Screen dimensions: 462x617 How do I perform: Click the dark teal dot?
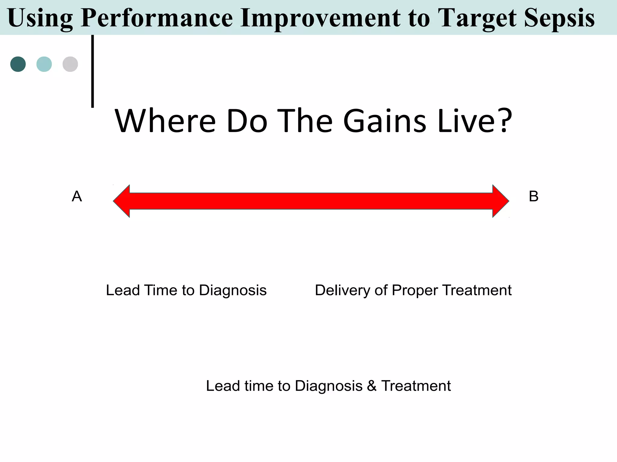[x=18, y=64]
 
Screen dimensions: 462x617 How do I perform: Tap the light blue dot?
[x=44, y=64]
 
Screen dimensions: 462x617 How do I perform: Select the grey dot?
[x=70, y=64]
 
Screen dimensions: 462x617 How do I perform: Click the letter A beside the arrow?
[x=77, y=196]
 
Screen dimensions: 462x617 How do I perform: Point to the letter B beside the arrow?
[x=534, y=196]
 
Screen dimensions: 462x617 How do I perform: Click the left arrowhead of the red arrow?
[x=122, y=201]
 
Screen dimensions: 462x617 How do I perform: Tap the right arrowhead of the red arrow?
[x=500, y=201]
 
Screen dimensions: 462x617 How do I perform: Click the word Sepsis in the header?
[x=559, y=18]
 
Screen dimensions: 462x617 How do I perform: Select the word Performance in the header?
[x=157, y=18]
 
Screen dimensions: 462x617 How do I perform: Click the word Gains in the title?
[x=385, y=121]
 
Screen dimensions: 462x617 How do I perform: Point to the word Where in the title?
[x=165, y=121]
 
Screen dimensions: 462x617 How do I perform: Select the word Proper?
[x=415, y=291]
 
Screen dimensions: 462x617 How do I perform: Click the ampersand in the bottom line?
[x=372, y=386]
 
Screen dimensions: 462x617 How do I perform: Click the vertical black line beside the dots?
[x=92, y=71]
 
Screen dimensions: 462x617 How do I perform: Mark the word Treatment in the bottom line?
[x=416, y=386]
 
